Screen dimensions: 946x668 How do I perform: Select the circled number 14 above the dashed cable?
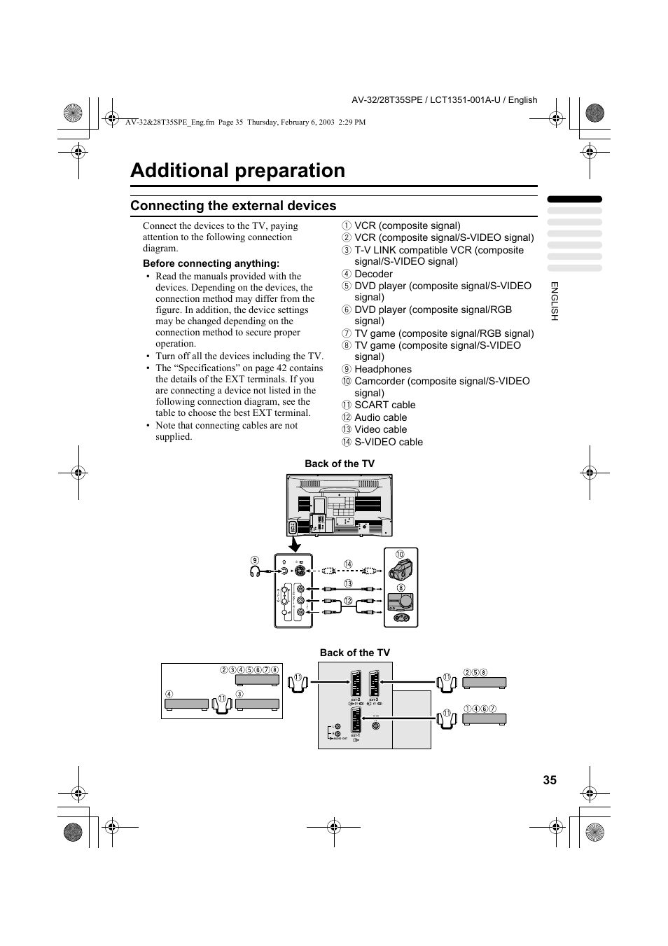pos(347,564)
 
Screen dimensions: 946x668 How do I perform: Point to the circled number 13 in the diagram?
pos(347,583)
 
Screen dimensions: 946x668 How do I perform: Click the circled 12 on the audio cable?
pos(347,601)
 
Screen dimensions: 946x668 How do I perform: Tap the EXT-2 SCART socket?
pos(356,684)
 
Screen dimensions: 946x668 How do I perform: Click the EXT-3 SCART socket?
pos(375,684)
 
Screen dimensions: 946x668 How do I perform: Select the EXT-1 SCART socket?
pos(356,721)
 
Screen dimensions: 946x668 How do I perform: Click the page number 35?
pos(549,780)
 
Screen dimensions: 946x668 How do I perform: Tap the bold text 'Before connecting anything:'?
pos(211,263)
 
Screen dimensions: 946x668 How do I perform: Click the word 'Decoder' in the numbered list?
pos(373,274)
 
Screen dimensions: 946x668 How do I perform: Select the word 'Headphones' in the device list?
pos(382,369)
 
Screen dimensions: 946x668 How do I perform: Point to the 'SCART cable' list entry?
pos(384,405)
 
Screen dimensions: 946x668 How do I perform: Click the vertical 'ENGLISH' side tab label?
pos(554,301)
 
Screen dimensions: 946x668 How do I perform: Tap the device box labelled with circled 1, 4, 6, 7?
pos(485,719)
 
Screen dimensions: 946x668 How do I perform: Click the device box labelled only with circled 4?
pos(187,704)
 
